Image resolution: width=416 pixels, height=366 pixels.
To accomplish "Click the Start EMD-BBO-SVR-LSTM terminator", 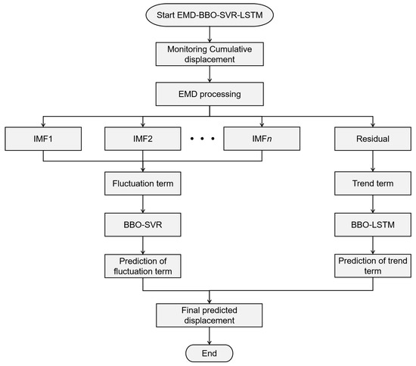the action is (x=210, y=15).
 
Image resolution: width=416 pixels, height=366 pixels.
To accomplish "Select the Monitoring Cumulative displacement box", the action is (x=210, y=54).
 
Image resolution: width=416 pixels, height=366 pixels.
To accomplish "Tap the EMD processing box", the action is (x=210, y=94).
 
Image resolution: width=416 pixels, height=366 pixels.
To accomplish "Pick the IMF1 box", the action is (x=43, y=139).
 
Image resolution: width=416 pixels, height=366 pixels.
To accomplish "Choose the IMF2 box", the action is (x=143, y=139).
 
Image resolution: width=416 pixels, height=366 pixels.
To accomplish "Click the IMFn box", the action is (x=262, y=139).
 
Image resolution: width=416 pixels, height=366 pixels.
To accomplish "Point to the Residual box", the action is (x=373, y=139).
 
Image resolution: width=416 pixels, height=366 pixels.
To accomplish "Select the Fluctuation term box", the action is (x=143, y=183).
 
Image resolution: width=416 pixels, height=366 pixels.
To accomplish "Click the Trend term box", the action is (x=373, y=183).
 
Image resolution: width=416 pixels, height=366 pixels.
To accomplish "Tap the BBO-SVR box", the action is (x=143, y=224).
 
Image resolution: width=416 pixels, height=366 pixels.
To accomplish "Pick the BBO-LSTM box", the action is (x=373, y=224).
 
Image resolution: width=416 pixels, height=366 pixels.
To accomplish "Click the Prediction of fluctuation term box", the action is (x=143, y=266).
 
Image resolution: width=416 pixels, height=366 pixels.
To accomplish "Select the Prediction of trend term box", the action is (x=373, y=266).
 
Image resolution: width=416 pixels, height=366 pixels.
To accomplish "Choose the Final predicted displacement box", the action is (x=210, y=315).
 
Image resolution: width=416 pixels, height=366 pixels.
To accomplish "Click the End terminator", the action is (x=210, y=353).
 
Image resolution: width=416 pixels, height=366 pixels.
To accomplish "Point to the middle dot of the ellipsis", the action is (x=202, y=139).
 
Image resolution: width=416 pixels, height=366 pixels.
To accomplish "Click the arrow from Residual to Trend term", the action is (x=373, y=161).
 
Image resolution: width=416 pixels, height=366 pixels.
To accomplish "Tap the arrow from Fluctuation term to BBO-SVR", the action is (x=143, y=204).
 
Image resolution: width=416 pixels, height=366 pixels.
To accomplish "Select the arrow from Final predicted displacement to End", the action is (x=210, y=336).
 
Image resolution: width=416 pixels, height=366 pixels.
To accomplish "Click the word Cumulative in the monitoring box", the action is (x=231, y=49).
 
